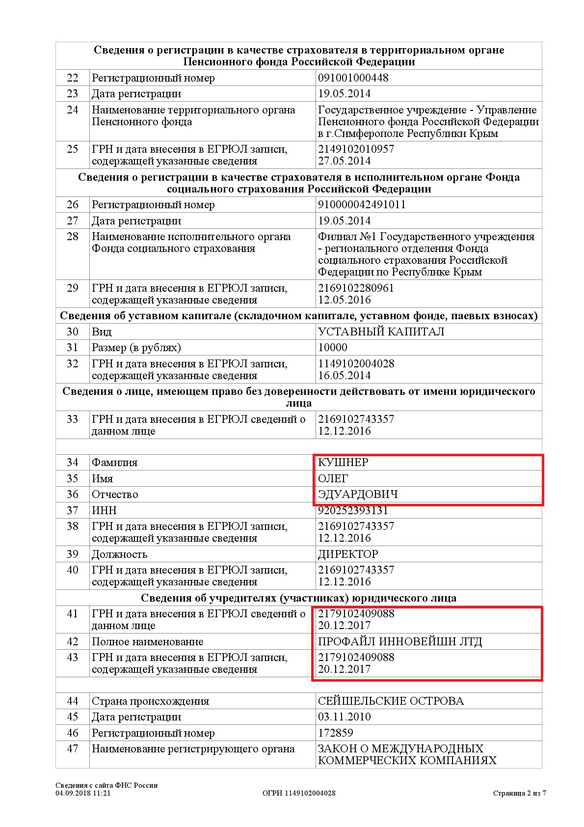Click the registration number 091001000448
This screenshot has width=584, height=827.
[x=353, y=78]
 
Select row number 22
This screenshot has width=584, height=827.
[x=72, y=78]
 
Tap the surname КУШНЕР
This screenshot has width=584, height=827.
[x=343, y=463]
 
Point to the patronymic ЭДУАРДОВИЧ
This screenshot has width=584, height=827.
[x=358, y=495]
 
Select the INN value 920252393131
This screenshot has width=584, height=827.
[x=353, y=511]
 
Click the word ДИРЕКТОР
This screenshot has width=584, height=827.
[x=348, y=554]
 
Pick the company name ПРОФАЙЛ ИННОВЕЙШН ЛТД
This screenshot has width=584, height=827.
[x=400, y=642]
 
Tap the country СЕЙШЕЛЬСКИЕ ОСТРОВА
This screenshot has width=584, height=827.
[x=391, y=701]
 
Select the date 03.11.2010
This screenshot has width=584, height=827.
[x=344, y=717]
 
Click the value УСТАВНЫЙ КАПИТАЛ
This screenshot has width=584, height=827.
[x=381, y=332]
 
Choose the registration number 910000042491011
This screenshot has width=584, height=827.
[x=362, y=205]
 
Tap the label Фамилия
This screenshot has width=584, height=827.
[x=114, y=463]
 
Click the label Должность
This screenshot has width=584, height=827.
[x=119, y=554]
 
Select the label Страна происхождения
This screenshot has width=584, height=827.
[x=150, y=701]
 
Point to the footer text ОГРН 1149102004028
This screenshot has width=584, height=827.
[x=299, y=793]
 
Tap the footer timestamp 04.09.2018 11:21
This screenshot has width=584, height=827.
[x=83, y=793]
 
